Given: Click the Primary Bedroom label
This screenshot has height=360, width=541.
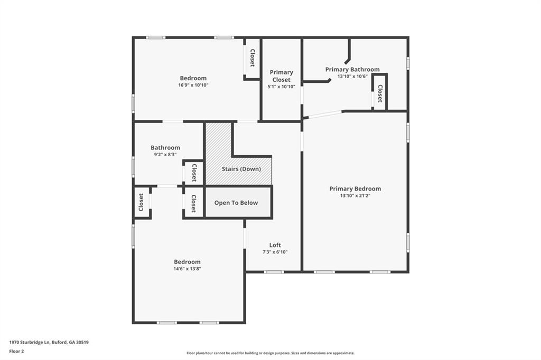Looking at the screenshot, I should pyautogui.click(x=355, y=188).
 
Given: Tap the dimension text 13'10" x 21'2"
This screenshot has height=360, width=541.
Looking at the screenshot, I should pyautogui.click(x=355, y=196).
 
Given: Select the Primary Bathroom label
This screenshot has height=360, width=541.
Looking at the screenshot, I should pyautogui.click(x=352, y=69).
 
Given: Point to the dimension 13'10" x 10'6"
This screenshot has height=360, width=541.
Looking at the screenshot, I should pyautogui.click(x=352, y=77).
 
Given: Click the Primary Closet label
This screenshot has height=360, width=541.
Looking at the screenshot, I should pyautogui.click(x=281, y=76).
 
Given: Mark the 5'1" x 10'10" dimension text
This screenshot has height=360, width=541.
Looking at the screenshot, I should pyautogui.click(x=281, y=87).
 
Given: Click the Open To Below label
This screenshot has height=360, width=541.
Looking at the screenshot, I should pyautogui.click(x=236, y=203).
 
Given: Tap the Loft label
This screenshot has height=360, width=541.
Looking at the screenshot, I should pyautogui.click(x=275, y=245).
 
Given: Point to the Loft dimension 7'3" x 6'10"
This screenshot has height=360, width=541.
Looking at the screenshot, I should pyautogui.click(x=275, y=252).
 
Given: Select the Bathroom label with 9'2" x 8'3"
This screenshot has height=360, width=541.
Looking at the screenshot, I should pyautogui.click(x=165, y=148).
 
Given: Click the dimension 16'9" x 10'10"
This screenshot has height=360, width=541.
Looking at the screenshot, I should pyautogui.click(x=193, y=85).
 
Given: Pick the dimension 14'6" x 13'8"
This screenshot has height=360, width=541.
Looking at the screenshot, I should pyautogui.click(x=188, y=269).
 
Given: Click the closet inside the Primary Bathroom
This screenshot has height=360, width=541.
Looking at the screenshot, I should pyautogui.click(x=379, y=93).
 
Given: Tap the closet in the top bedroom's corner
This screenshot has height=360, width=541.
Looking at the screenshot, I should pyautogui.click(x=252, y=58).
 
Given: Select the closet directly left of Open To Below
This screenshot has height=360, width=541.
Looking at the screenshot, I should pyautogui.click(x=193, y=203).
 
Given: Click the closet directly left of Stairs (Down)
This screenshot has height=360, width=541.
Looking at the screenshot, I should pyautogui.click(x=194, y=172).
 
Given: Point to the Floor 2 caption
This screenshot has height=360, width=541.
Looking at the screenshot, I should pyautogui.click(x=16, y=351).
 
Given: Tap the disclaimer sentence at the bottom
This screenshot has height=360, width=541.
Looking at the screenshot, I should pyautogui.click(x=270, y=353).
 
